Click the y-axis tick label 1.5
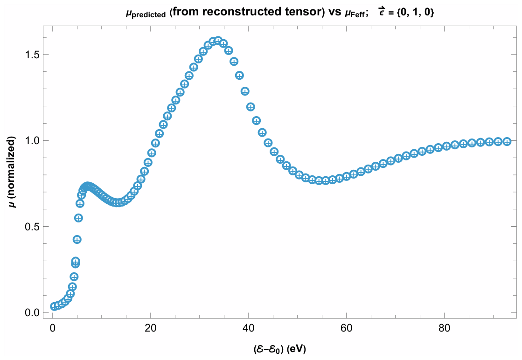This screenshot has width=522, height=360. pyautogui.click(x=33, y=55)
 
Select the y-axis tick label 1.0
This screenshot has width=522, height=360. pyautogui.click(x=33, y=140)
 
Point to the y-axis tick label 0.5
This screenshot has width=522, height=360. pyautogui.click(x=33, y=227)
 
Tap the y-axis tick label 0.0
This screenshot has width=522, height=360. pyautogui.click(x=33, y=313)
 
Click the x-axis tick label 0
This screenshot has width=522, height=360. pyautogui.click(x=53, y=328)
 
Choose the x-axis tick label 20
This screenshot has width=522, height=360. pyautogui.click(x=151, y=328)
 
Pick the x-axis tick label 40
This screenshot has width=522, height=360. pyautogui.click(x=248, y=328)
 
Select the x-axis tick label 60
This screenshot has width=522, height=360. pyautogui.click(x=346, y=328)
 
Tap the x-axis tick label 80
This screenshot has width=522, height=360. pyautogui.click(x=444, y=328)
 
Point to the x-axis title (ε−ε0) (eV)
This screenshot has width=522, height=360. pyautogui.click(x=279, y=349)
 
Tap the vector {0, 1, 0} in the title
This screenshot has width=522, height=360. pyautogui.click(x=414, y=13)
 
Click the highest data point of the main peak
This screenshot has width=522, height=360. pyautogui.click(x=218, y=41)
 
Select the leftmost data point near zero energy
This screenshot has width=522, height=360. pyautogui.click(x=54, y=306)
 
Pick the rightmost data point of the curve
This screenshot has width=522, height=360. pyautogui.click(x=507, y=141)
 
